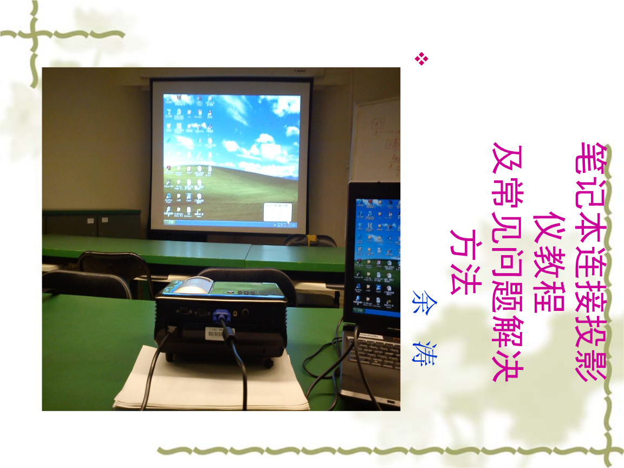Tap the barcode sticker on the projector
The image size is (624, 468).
point(215,334)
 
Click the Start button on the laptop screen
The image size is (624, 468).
point(359,311)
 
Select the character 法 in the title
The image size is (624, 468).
point(465,279)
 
